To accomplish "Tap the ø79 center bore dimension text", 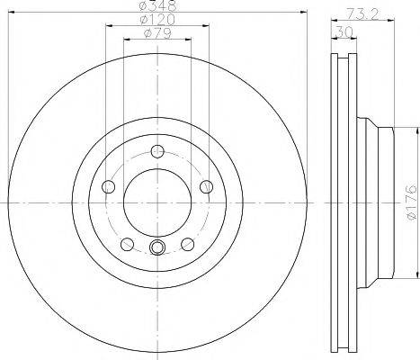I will point(157,34).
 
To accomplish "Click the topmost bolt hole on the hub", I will point(157,150).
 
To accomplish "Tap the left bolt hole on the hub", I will point(108,185).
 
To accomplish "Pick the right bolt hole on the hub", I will point(206,185).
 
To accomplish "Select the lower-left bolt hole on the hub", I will point(127,244).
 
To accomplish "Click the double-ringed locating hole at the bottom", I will point(157,248).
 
